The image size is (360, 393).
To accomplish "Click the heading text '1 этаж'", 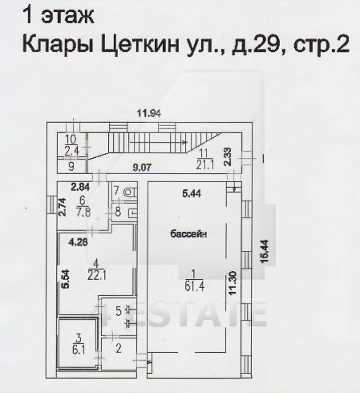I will click(59, 14).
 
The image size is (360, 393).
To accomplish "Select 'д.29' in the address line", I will click(256, 45).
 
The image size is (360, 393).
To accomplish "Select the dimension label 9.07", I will click(144, 168).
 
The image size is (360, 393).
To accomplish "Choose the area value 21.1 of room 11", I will click(204, 165).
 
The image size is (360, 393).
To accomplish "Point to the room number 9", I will click(71, 167).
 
